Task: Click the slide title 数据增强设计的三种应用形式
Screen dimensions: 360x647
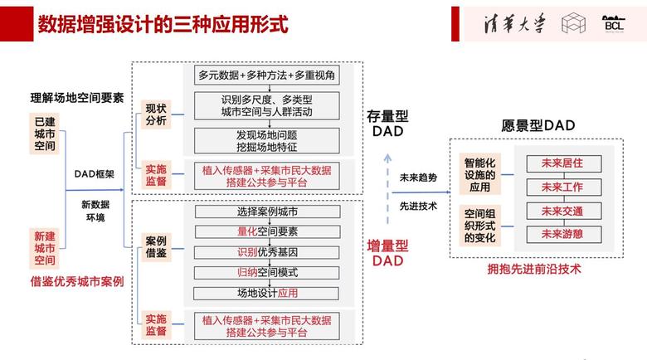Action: pos(163,25)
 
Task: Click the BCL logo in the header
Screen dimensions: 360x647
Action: pos(615,24)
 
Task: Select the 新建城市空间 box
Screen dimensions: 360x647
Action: pos(44,248)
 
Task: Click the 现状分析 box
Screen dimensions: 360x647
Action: pos(156,114)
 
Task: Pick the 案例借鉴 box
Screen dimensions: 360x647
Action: pos(156,246)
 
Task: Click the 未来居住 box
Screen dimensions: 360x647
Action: pos(562,164)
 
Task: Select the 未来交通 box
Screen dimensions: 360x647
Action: pos(562,211)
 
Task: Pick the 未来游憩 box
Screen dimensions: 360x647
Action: pos(562,234)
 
